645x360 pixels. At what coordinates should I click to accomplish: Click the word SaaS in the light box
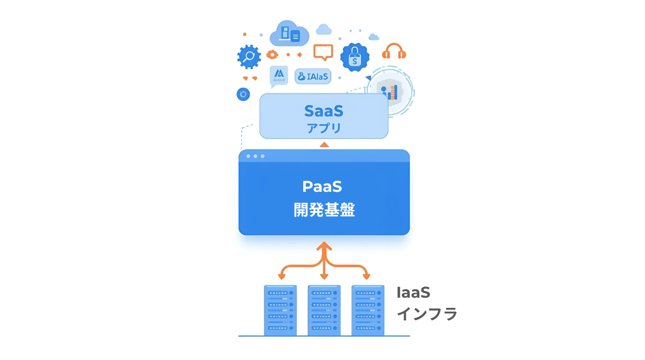[x=324, y=111]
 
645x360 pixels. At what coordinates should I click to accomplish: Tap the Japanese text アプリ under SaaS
[x=324, y=128]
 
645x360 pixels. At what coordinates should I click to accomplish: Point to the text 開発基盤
[x=324, y=210]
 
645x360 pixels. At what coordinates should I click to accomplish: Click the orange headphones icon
[x=394, y=52]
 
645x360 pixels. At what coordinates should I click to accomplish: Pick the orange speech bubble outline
[x=323, y=52]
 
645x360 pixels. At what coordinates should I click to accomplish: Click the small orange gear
[x=273, y=54]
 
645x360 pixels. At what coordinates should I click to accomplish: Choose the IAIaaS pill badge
[x=313, y=76]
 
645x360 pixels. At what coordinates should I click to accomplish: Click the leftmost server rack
[x=281, y=310]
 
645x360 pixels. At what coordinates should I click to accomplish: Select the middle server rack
[x=324, y=310]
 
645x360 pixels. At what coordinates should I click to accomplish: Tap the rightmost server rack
[x=368, y=310]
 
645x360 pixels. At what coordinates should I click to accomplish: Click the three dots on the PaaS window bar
[x=255, y=156]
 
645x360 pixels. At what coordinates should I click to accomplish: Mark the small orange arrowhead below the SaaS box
[x=324, y=144]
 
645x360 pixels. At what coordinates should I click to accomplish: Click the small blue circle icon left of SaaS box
[x=243, y=95]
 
